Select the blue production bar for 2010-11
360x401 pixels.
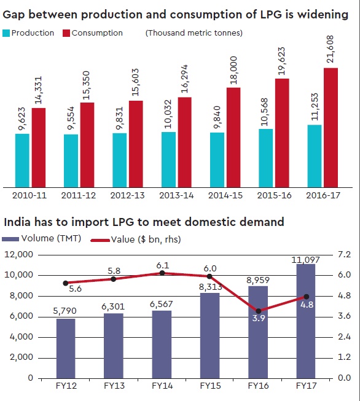pyautogui.click(x=22, y=160)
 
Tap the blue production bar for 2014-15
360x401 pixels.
pyautogui.click(x=217, y=159)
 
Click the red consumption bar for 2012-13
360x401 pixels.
pyautogui.click(x=136, y=143)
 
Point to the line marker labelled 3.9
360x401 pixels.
pyautogui.click(x=259, y=311)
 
